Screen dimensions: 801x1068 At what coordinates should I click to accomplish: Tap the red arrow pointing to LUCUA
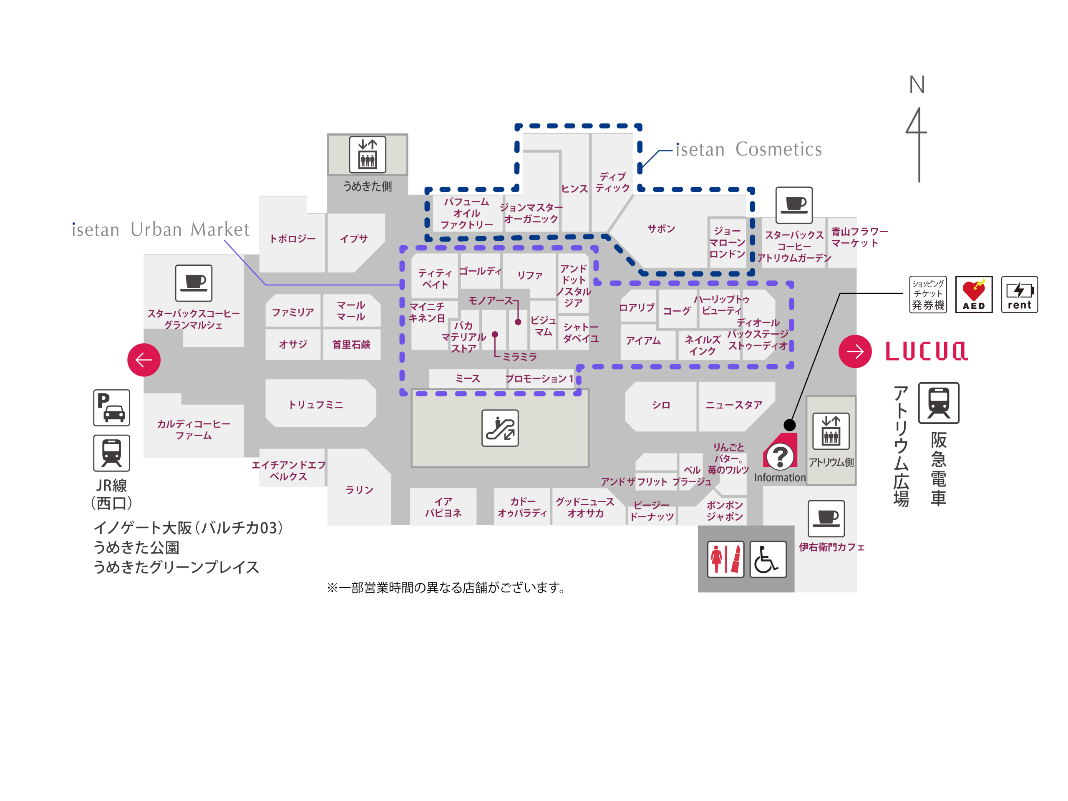855,352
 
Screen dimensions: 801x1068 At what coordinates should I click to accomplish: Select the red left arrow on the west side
144,360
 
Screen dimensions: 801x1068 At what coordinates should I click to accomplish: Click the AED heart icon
973,295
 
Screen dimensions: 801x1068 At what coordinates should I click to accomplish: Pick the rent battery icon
1019,295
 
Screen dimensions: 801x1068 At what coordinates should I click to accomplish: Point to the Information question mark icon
780,455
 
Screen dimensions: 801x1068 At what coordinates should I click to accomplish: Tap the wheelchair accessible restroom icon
768,559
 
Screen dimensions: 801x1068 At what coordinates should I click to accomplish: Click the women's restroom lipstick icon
725,559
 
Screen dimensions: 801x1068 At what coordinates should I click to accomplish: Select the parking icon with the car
111,408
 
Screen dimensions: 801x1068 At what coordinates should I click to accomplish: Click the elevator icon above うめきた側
368,154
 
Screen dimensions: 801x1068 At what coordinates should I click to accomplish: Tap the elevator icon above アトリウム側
831,431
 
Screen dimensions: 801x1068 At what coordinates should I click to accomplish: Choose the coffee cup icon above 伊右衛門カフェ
826,519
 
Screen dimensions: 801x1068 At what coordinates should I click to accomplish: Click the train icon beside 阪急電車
938,403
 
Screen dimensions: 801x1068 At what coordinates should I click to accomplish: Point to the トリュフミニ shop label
316,405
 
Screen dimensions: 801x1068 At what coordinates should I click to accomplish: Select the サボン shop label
661,228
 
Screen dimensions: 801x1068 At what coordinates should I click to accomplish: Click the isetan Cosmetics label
748,150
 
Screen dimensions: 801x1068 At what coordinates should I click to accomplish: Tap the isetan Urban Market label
160,230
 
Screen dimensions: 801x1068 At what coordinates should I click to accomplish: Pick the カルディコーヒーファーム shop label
194,429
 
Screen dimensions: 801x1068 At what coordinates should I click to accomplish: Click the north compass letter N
917,85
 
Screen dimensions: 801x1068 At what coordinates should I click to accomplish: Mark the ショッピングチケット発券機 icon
927,295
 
